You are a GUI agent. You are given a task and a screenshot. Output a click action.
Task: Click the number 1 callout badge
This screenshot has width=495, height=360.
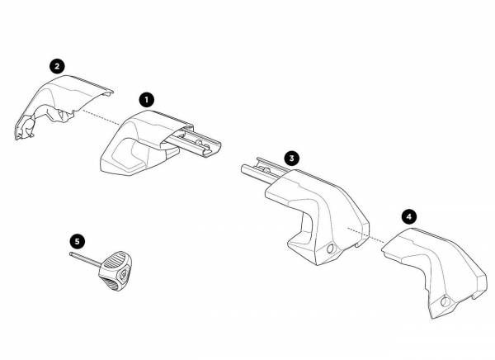click(147, 100)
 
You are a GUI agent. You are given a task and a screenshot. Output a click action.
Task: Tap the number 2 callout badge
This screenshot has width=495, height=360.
click(57, 66)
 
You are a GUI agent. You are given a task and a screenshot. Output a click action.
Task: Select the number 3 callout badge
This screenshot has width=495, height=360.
click(291, 158)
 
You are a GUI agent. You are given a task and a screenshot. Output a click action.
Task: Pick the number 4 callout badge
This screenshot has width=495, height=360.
click(409, 217)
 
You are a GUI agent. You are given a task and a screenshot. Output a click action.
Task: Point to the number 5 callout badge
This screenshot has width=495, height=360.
click(78, 241)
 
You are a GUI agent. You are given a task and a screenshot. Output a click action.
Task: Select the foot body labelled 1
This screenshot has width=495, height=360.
click(142, 142)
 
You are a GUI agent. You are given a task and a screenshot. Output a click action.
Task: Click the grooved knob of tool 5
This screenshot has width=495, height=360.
click(115, 271)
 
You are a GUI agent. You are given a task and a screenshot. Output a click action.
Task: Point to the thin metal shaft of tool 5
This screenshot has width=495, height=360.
click(85, 258)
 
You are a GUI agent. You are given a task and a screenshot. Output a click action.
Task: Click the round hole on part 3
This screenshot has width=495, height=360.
click(331, 249)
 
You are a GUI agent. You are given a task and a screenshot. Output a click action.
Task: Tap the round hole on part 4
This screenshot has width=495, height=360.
click(445, 302)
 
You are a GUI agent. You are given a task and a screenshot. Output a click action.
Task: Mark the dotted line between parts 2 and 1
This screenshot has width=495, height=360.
click(101, 117)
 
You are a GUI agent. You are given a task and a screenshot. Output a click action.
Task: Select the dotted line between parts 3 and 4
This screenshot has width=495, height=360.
click(366, 235)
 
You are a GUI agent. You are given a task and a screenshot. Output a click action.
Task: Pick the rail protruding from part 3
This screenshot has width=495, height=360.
click(264, 171)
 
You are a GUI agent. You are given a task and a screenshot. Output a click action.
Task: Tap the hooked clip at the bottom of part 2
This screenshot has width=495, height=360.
click(25, 128)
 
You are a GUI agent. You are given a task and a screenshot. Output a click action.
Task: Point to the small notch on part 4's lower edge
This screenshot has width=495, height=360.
click(475, 296)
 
